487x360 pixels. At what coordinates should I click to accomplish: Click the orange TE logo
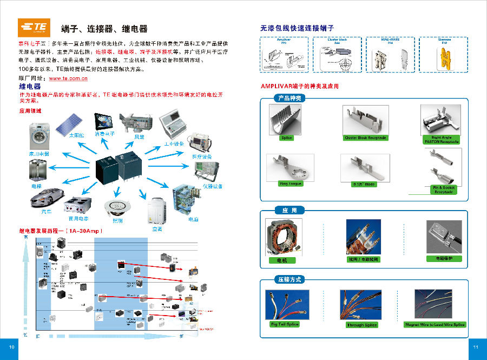coord(34,27)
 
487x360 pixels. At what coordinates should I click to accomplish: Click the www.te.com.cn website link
coord(68,78)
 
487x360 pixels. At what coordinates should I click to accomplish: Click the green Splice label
coord(286,138)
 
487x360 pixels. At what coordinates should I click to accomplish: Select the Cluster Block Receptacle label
coord(366,138)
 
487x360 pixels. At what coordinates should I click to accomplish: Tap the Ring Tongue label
coord(291,184)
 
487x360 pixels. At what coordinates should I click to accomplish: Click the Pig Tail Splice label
coord(285,324)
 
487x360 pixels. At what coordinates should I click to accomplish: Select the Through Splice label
coord(362,325)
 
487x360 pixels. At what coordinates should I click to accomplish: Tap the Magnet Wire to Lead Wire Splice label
coord(435,324)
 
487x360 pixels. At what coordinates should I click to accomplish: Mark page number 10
coord(10,347)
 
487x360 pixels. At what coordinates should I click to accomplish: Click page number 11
coord(476,347)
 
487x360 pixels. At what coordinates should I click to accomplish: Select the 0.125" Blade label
coord(364,184)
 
